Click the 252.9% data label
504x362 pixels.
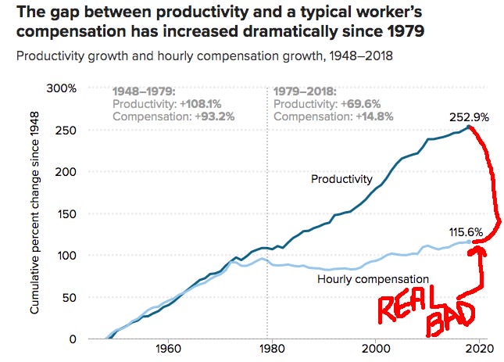[x=469, y=117]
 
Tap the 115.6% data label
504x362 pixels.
[x=466, y=232]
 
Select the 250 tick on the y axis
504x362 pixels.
[x=66, y=130]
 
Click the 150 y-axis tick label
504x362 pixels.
[x=66, y=213]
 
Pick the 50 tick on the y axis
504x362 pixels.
[x=69, y=297]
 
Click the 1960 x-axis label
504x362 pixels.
[x=165, y=349]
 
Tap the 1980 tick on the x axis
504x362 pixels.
[x=270, y=349]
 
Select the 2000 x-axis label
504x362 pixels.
[x=376, y=349]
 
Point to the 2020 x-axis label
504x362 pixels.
[x=481, y=349]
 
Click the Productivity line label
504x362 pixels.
[x=341, y=179]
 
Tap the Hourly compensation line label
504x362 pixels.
[x=374, y=279]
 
